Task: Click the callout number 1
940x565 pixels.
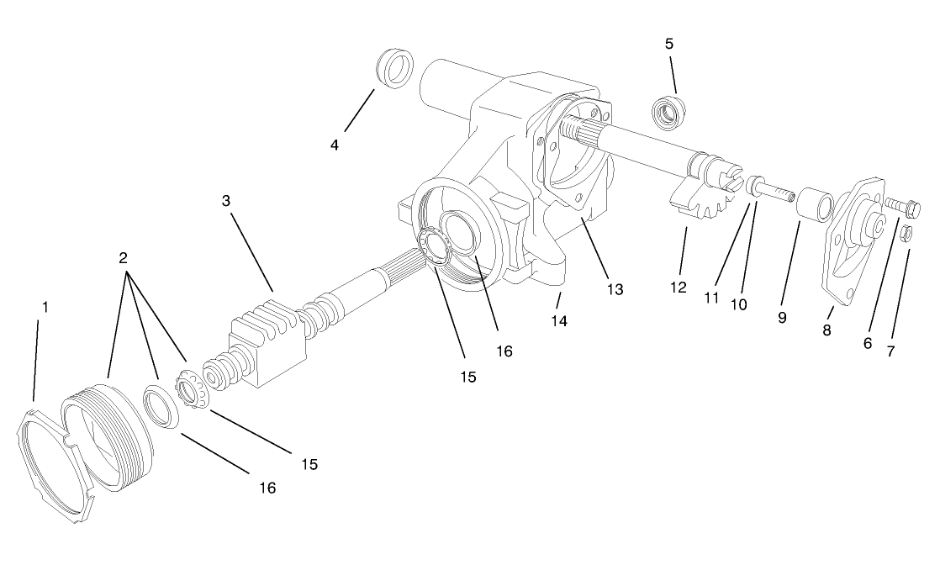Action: coord(45,307)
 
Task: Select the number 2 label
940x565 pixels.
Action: coord(123,256)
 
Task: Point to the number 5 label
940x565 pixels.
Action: coord(669,42)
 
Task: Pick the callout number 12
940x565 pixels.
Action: coord(679,288)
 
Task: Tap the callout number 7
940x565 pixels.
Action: coord(890,351)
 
